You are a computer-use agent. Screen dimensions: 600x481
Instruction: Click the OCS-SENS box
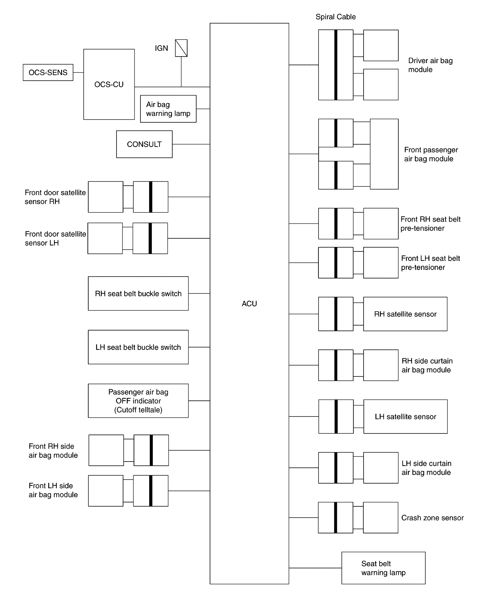point(48,72)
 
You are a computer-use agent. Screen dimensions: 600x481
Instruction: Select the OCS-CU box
point(109,84)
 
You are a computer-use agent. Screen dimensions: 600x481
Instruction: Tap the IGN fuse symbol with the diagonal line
point(181,48)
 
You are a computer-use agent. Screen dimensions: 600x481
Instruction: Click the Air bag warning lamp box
point(168,109)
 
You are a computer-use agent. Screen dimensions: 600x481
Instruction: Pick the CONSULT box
point(144,144)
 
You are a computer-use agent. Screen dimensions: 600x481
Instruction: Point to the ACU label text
point(249,304)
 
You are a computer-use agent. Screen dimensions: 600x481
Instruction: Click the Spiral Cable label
point(335,17)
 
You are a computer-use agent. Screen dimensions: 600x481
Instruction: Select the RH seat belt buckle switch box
point(138,293)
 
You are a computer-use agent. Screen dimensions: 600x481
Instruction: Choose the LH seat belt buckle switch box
point(138,347)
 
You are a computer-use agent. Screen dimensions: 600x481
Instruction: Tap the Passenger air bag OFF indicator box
point(138,401)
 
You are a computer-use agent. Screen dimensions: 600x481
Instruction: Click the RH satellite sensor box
point(405,314)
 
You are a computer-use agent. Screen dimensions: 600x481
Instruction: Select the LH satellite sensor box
point(405,417)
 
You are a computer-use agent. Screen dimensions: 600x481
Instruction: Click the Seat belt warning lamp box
point(383,568)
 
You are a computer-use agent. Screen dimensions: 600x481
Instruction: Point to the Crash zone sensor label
point(432,518)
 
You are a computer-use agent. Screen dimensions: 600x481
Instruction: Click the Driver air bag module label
point(430,65)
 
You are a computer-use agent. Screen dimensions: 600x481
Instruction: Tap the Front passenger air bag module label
point(431,154)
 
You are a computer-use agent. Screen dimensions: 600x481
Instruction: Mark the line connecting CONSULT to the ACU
point(191,144)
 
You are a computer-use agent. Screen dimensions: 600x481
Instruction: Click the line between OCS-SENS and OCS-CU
point(78,72)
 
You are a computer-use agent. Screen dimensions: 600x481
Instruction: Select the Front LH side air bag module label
point(53,490)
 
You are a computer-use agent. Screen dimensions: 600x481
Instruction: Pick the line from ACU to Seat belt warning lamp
point(315,568)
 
